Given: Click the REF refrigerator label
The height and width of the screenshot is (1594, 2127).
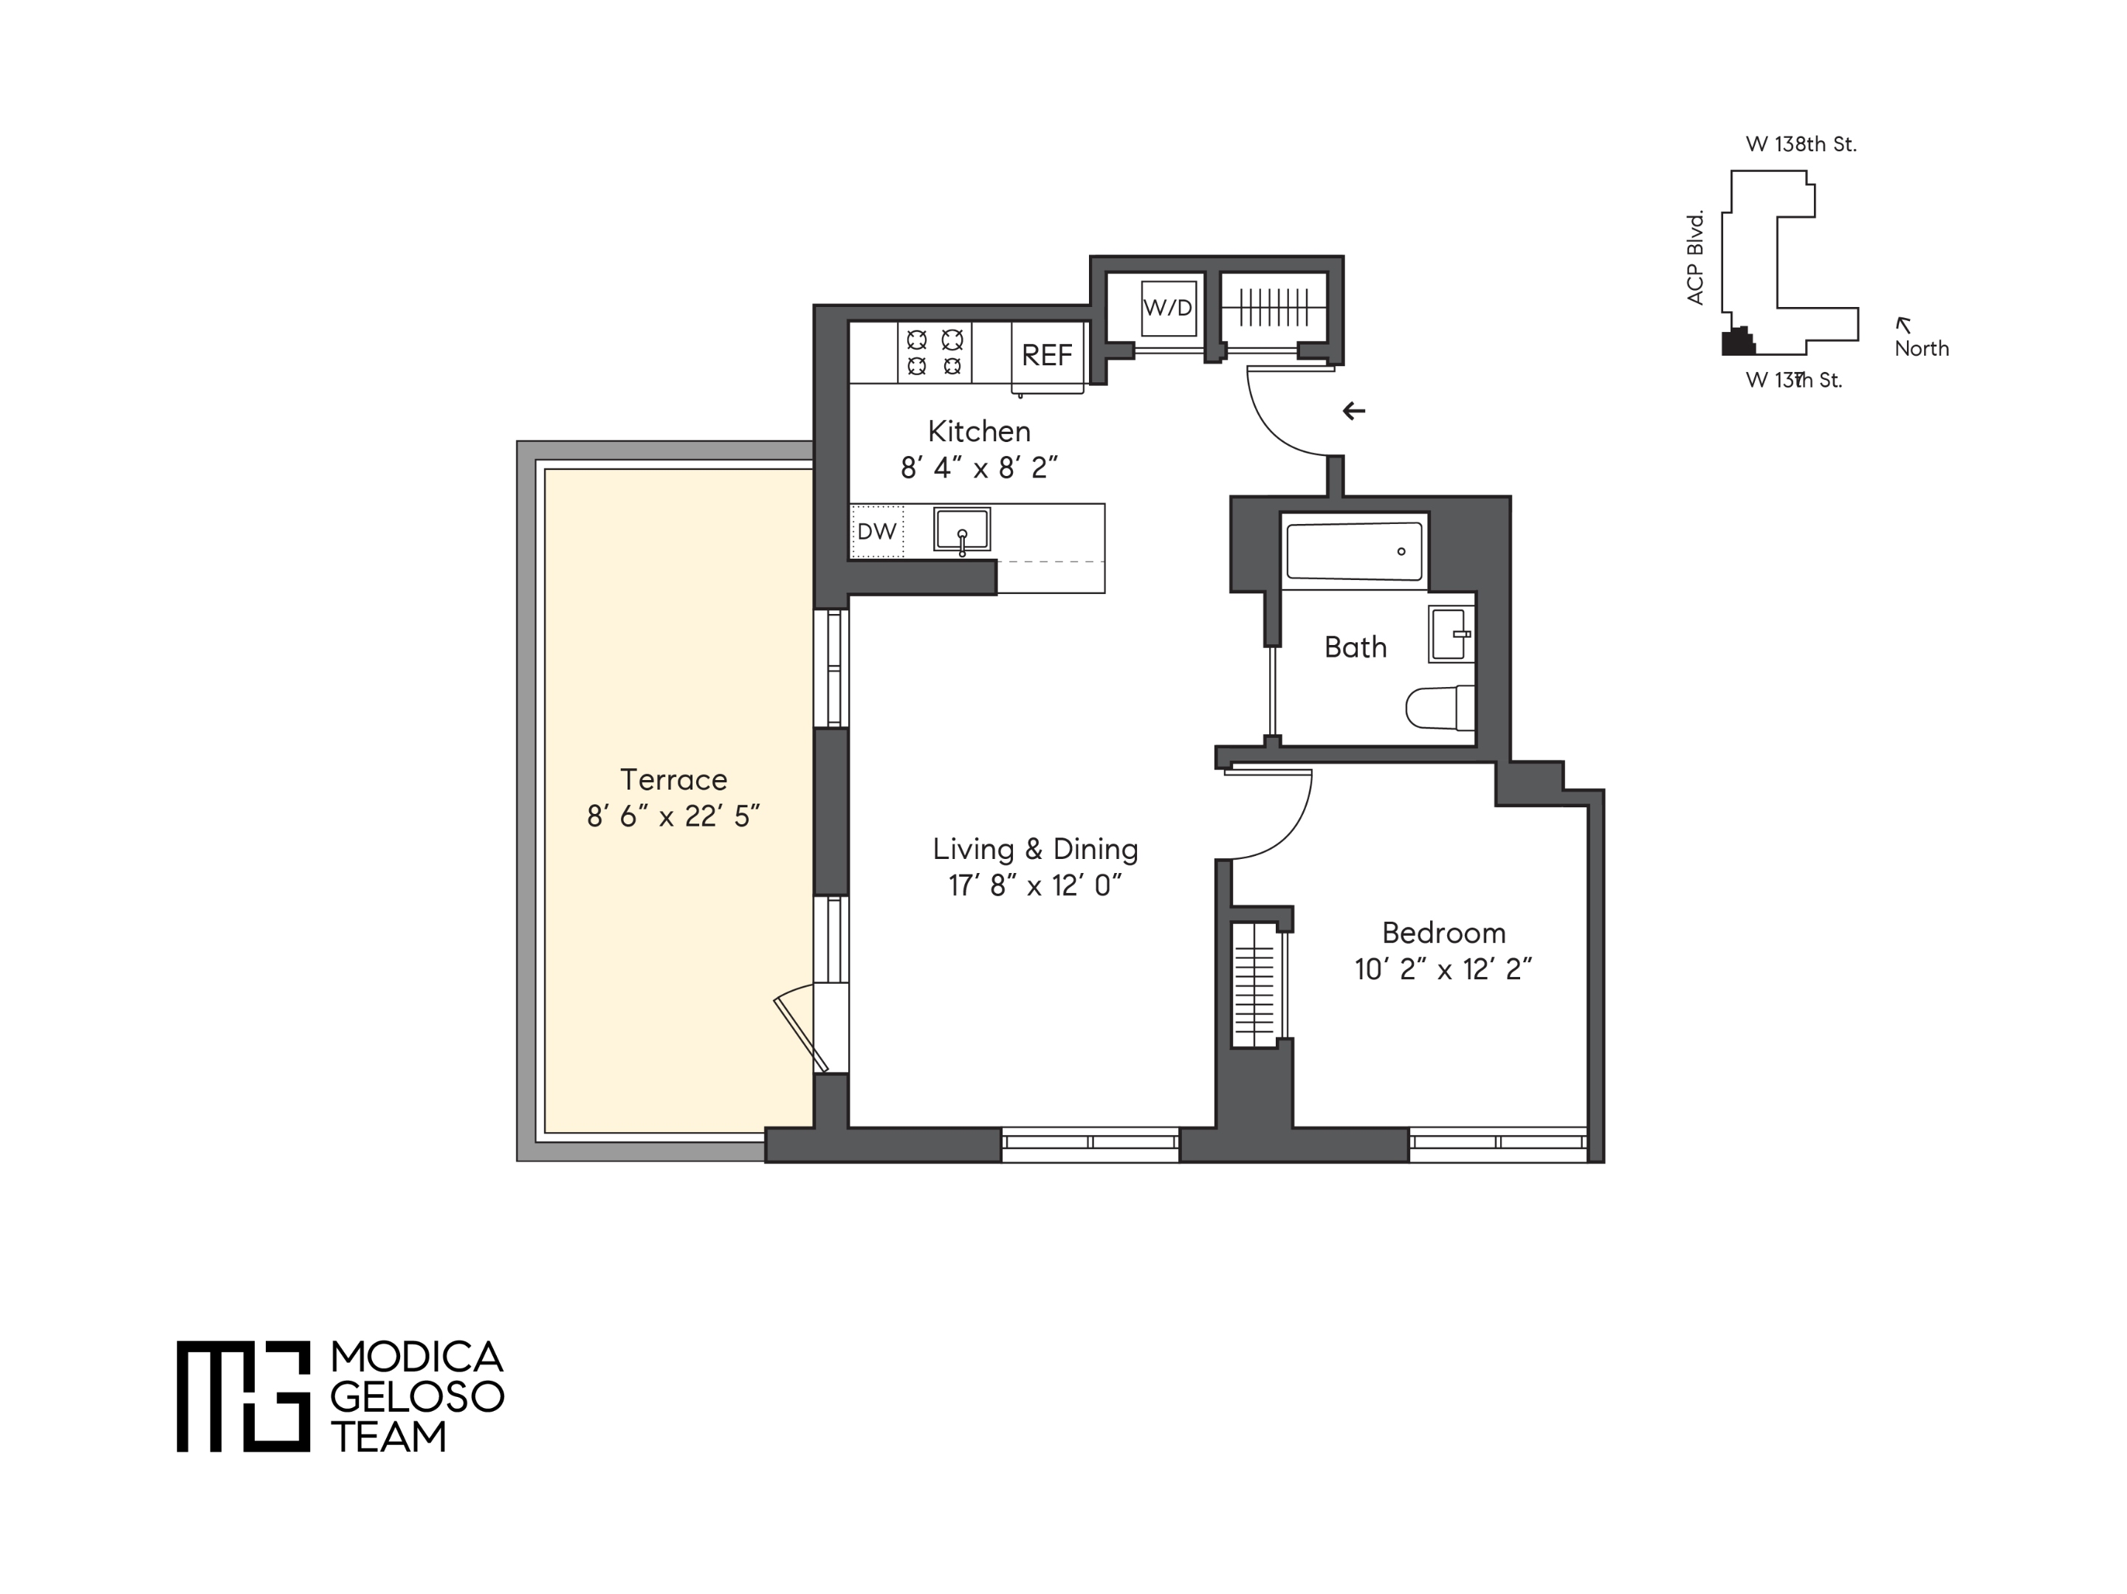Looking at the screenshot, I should pyautogui.click(x=1046, y=356).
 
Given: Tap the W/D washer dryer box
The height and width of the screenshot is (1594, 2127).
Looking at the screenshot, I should pyautogui.click(x=1168, y=308).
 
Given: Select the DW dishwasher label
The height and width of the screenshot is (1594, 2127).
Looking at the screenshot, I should pyautogui.click(x=876, y=531).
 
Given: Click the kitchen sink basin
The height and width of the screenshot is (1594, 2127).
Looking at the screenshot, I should pyautogui.click(x=961, y=529).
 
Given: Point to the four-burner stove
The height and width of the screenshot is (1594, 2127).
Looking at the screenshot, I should pyautogui.click(x=935, y=352).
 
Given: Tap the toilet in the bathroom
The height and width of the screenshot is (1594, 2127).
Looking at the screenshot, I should pyautogui.click(x=1438, y=708).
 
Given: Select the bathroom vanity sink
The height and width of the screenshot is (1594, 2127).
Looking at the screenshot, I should pyautogui.click(x=1450, y=634).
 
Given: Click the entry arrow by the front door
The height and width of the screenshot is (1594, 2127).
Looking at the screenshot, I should pyautogui.click(x=1354, y=412).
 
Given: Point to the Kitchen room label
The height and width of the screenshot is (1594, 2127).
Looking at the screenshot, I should pyautogui.click(x=979, y=431).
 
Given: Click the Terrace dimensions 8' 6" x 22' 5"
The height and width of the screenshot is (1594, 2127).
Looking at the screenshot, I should pyautogui.click(x=673, y=816).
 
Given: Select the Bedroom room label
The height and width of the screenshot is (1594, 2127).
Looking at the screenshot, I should pyautogui.click(x=1443, y=933).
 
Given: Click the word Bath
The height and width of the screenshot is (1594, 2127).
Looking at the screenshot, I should pyautogui.click(x=1355, y=647).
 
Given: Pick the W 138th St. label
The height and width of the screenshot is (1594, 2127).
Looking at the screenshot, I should pyautogui.click(x=1801, y=144).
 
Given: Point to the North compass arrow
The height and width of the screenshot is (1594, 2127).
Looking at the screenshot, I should pyautogui.click(x=1902, y=325).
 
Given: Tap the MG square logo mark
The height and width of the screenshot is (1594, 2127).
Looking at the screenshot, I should pyautogui.click(x=244, y=1395).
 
